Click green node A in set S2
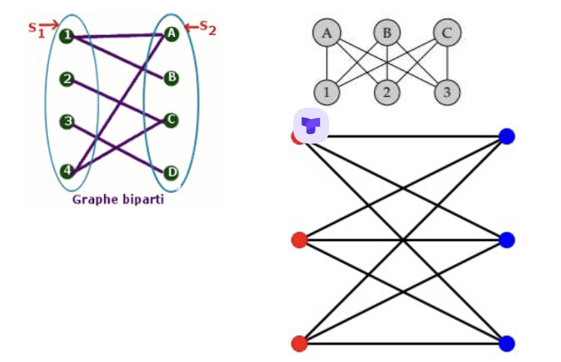point(172,33)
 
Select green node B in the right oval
point(172,77)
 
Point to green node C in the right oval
point(172,120)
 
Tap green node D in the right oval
point(172,173)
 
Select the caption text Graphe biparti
point(117,200)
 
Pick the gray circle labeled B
point(387,33)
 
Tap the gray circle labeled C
point(447,33)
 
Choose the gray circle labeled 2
point(387,93)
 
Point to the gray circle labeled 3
point(447,93)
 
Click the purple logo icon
point(311,125)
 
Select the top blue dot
point(507,136)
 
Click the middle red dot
point(299,240)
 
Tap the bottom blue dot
point(507,344)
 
